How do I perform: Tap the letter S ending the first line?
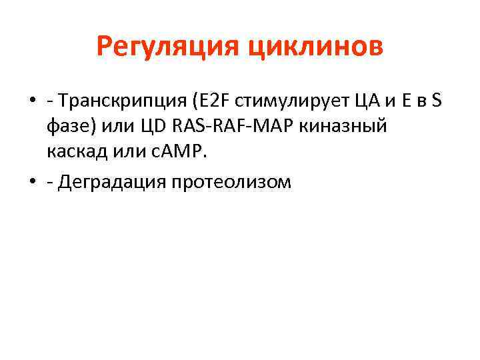coord(437,101)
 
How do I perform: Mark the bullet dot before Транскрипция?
coord(32,102)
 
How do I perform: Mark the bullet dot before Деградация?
coord(32,182)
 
